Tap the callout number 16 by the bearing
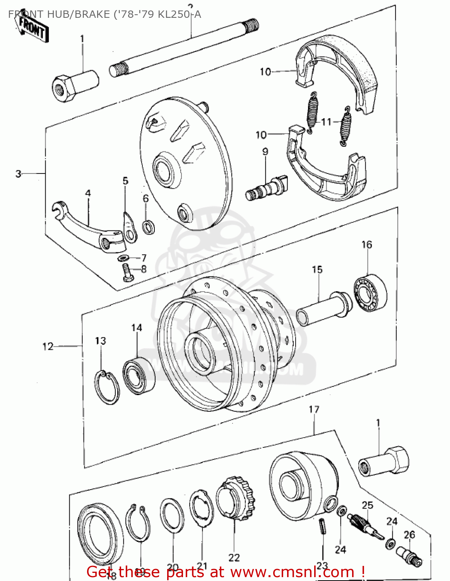[366, 245]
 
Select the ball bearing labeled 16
[370, 292]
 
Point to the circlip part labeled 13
[107, 387]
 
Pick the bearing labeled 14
[139, 375]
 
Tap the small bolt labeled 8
[127, 273]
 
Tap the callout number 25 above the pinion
[367, 505]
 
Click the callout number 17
[314, 409]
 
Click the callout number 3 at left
[18, 174]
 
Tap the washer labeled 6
[149, 227]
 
